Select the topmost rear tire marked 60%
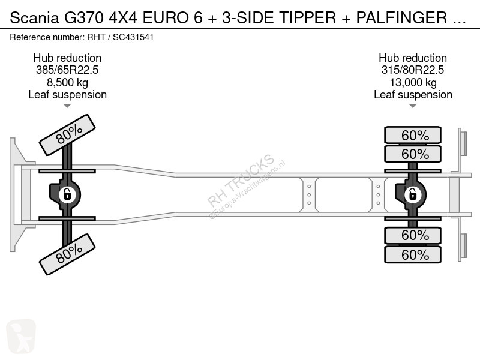pos(413,134)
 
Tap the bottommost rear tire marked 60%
pos(413,254)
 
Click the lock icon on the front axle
pos(67,194)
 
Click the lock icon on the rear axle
pos(413,194)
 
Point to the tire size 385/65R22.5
pos(67,70)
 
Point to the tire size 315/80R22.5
pos(413,70)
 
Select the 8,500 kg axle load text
pos(67,82)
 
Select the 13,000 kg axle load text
pos(413,82)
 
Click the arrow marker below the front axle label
pos(67,106)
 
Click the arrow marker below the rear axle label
pos(413,106)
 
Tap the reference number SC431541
pos(139,37)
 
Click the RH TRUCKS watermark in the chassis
pos(241,180)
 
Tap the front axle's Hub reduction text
pos(67,58)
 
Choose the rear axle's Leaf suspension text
pos(413,95)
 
